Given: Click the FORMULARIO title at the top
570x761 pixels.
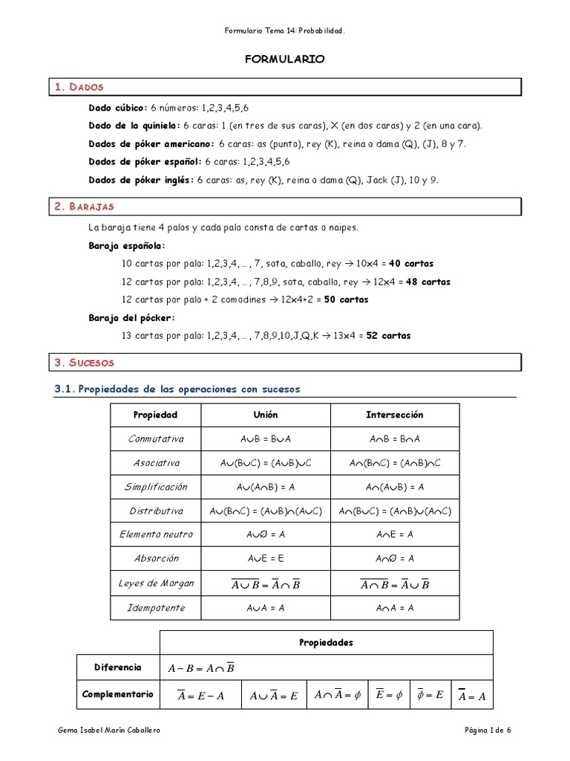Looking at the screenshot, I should tap(285, 59).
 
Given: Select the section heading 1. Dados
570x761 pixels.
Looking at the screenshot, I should tap(79, 87).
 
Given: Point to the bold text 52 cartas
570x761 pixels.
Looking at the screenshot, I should tap(388, 336).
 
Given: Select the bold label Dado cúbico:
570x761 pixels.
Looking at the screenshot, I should tap(118, 108).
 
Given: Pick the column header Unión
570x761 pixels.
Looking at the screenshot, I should tap(265, 415).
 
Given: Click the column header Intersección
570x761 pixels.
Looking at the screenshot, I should tap(394, 415).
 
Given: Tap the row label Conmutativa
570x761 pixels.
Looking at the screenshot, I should tap(156, 438).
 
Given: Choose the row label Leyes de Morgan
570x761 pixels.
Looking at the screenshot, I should tap(156, 583).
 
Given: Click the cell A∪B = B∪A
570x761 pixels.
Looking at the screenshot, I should tap(265, 438).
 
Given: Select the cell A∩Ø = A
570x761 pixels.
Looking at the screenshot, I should tap(394, 559).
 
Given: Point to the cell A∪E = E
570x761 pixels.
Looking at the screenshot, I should tap(265, 559).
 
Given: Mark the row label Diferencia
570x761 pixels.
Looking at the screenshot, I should tap(117, 667).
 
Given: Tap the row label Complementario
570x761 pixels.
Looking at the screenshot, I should tap(118, 694).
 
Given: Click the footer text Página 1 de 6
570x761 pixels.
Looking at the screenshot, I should tap(487, 731).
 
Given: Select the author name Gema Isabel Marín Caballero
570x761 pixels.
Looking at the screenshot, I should tap(109, 731).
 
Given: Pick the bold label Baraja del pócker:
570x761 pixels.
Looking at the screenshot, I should tap(131, 318).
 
